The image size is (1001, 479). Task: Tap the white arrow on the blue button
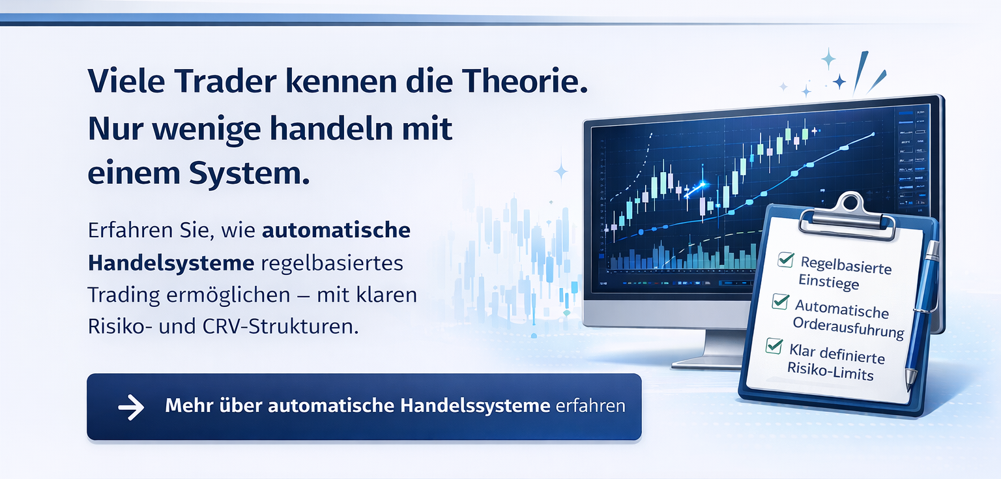tap(131, 407)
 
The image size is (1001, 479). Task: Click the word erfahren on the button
tap(591, 406)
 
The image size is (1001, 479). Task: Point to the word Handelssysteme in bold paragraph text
tap(171, 264)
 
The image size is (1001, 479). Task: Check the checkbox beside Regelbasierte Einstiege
tap(785, 260)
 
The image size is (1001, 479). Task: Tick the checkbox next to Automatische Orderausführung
tap(780, 300)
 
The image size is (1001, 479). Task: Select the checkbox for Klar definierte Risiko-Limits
tap(774, 345)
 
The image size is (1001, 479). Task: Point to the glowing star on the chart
tap(702, 186)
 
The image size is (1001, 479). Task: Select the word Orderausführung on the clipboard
tap(848, 327)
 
